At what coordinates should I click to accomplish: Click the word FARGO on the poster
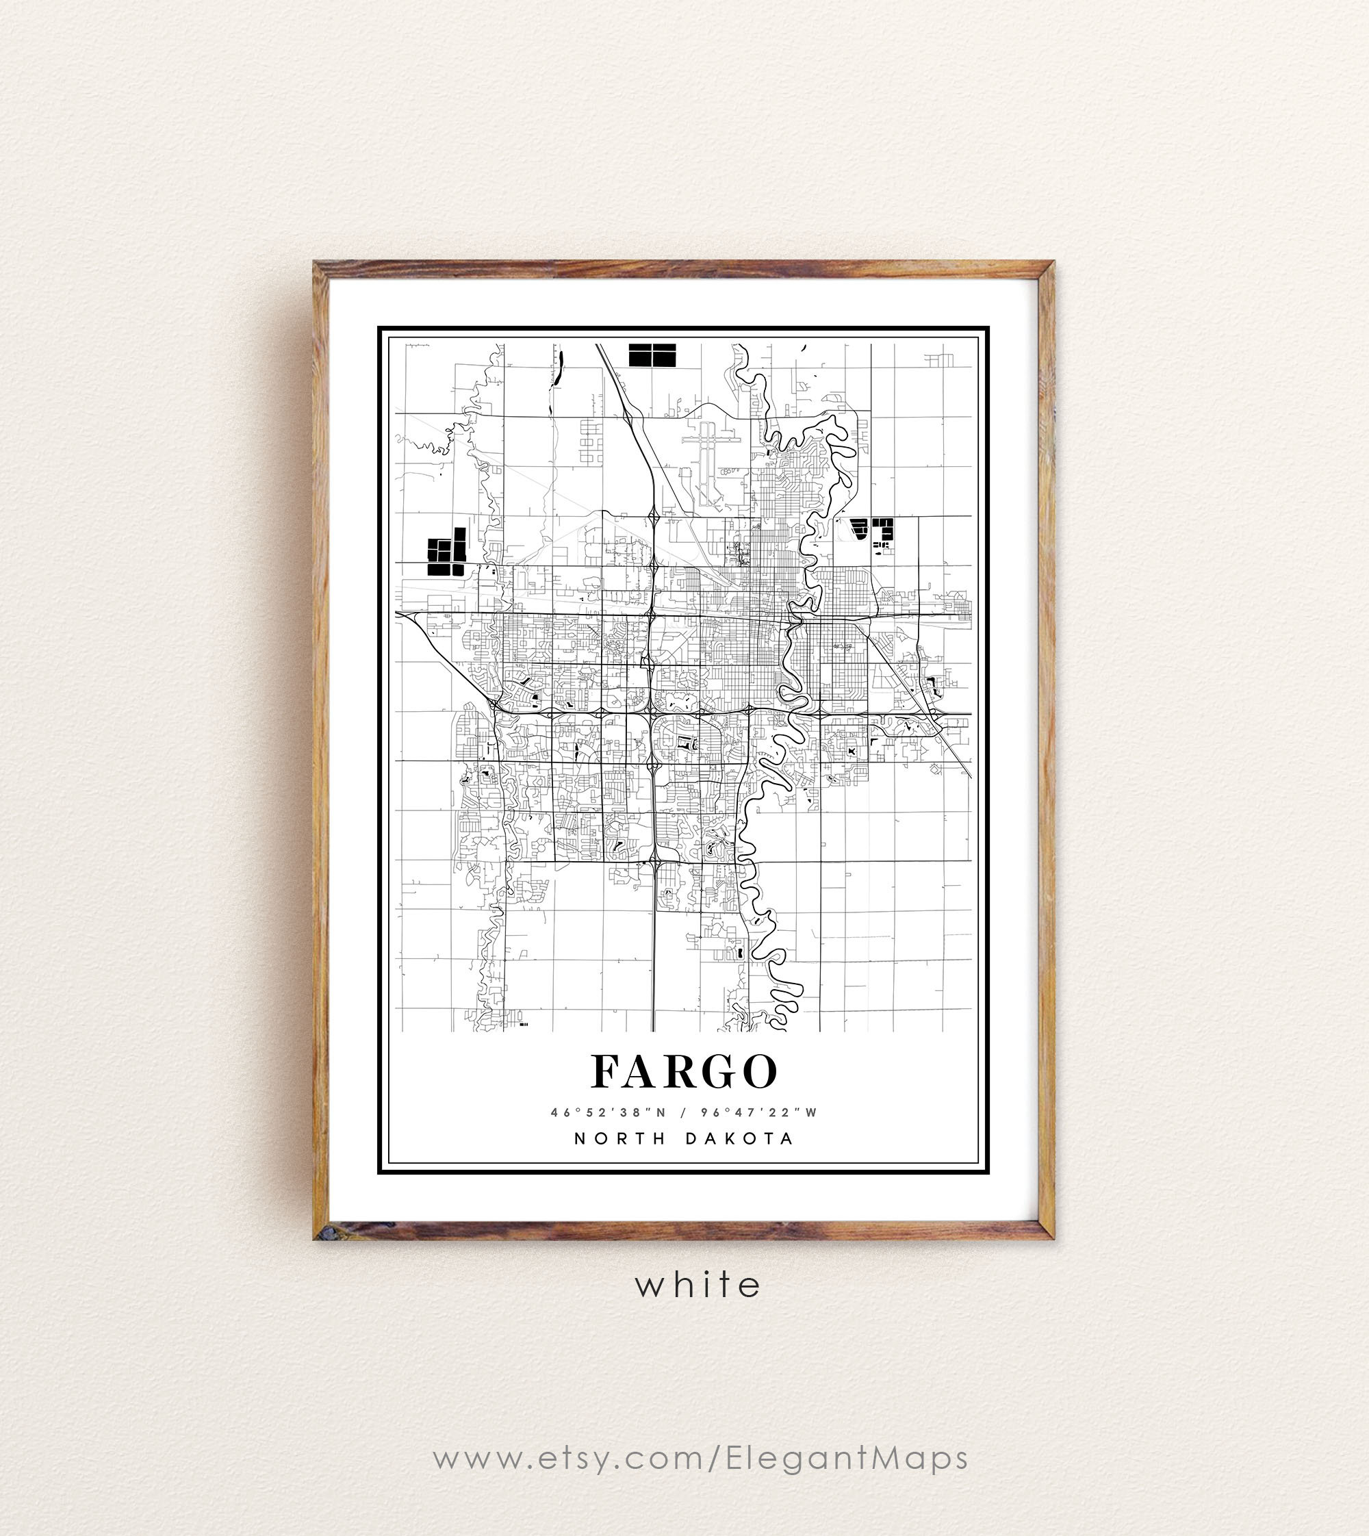pyautogui.click(x=684, y=1071)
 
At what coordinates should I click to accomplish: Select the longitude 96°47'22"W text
pyautogui.click(x=759, y=1112)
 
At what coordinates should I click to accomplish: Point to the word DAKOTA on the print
pyautogui.click(x=739, y=1139)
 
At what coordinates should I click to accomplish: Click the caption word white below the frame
pyautogui.click(x=698, y=1285)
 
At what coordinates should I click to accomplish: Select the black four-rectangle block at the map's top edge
pyautogui.click(x=652, y=355)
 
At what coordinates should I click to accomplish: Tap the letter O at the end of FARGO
pyautogui.click(x=758, y=1071)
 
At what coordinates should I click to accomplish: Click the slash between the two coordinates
pyautogui.click(x=684, y=1112)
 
